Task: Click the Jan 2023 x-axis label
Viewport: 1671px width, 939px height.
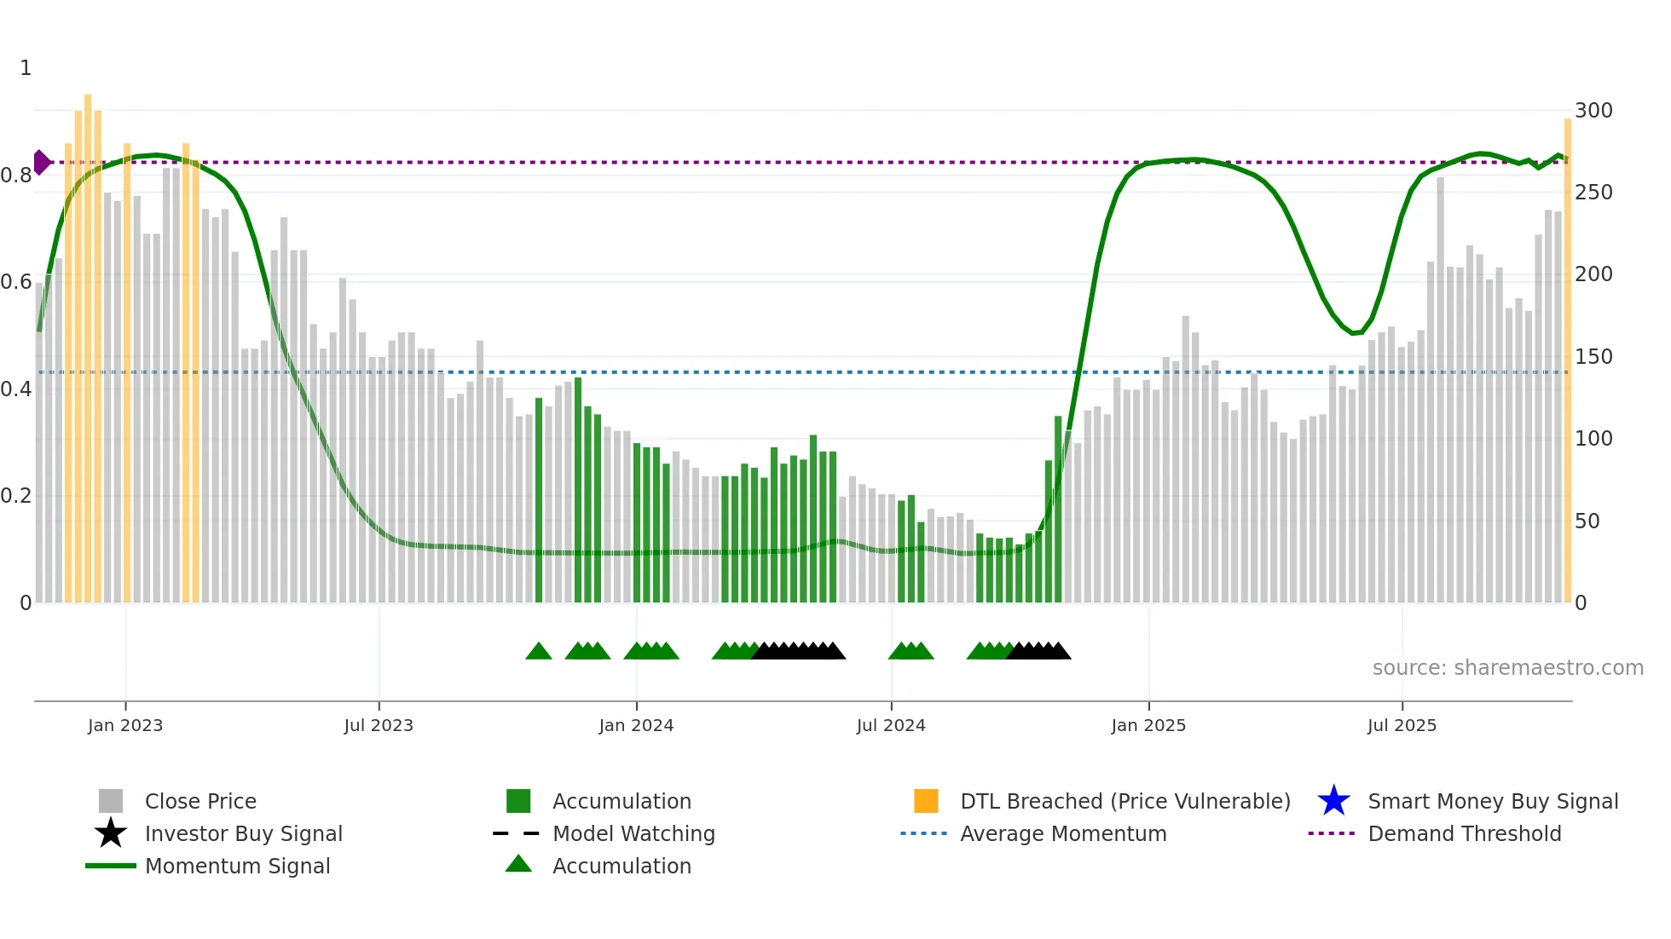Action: coord(124,725)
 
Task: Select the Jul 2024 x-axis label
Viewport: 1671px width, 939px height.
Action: coord(890,725)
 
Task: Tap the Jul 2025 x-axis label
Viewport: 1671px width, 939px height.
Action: coord(1402,725)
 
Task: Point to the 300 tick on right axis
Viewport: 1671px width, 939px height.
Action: coord(1593,111)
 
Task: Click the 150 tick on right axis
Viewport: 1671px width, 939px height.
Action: coord(1593,357)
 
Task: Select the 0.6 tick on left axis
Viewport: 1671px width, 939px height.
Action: coord(15,282)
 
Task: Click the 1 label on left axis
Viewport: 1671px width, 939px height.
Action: coord(26,68)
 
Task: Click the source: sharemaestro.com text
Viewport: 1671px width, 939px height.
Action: coord(1507,668)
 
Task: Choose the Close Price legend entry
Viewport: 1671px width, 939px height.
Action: coord(200,801)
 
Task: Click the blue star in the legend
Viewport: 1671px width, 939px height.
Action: coord(1333,801)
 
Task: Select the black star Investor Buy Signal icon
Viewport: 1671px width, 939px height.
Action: coord(111,833)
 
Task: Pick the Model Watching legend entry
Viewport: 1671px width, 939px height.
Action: coord(633,833)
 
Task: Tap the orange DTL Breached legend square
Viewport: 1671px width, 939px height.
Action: coord(926,801)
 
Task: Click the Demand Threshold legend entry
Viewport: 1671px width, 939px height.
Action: coord(1464,833)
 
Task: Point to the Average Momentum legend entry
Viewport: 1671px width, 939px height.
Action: coord(1062,833)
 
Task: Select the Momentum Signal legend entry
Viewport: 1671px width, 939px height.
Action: coord(237,866)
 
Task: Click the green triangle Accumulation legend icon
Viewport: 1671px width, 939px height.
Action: coord(518,864)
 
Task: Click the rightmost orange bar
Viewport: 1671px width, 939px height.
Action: coord(1567,358)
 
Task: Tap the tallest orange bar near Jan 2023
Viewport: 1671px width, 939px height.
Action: coord(88,341)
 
